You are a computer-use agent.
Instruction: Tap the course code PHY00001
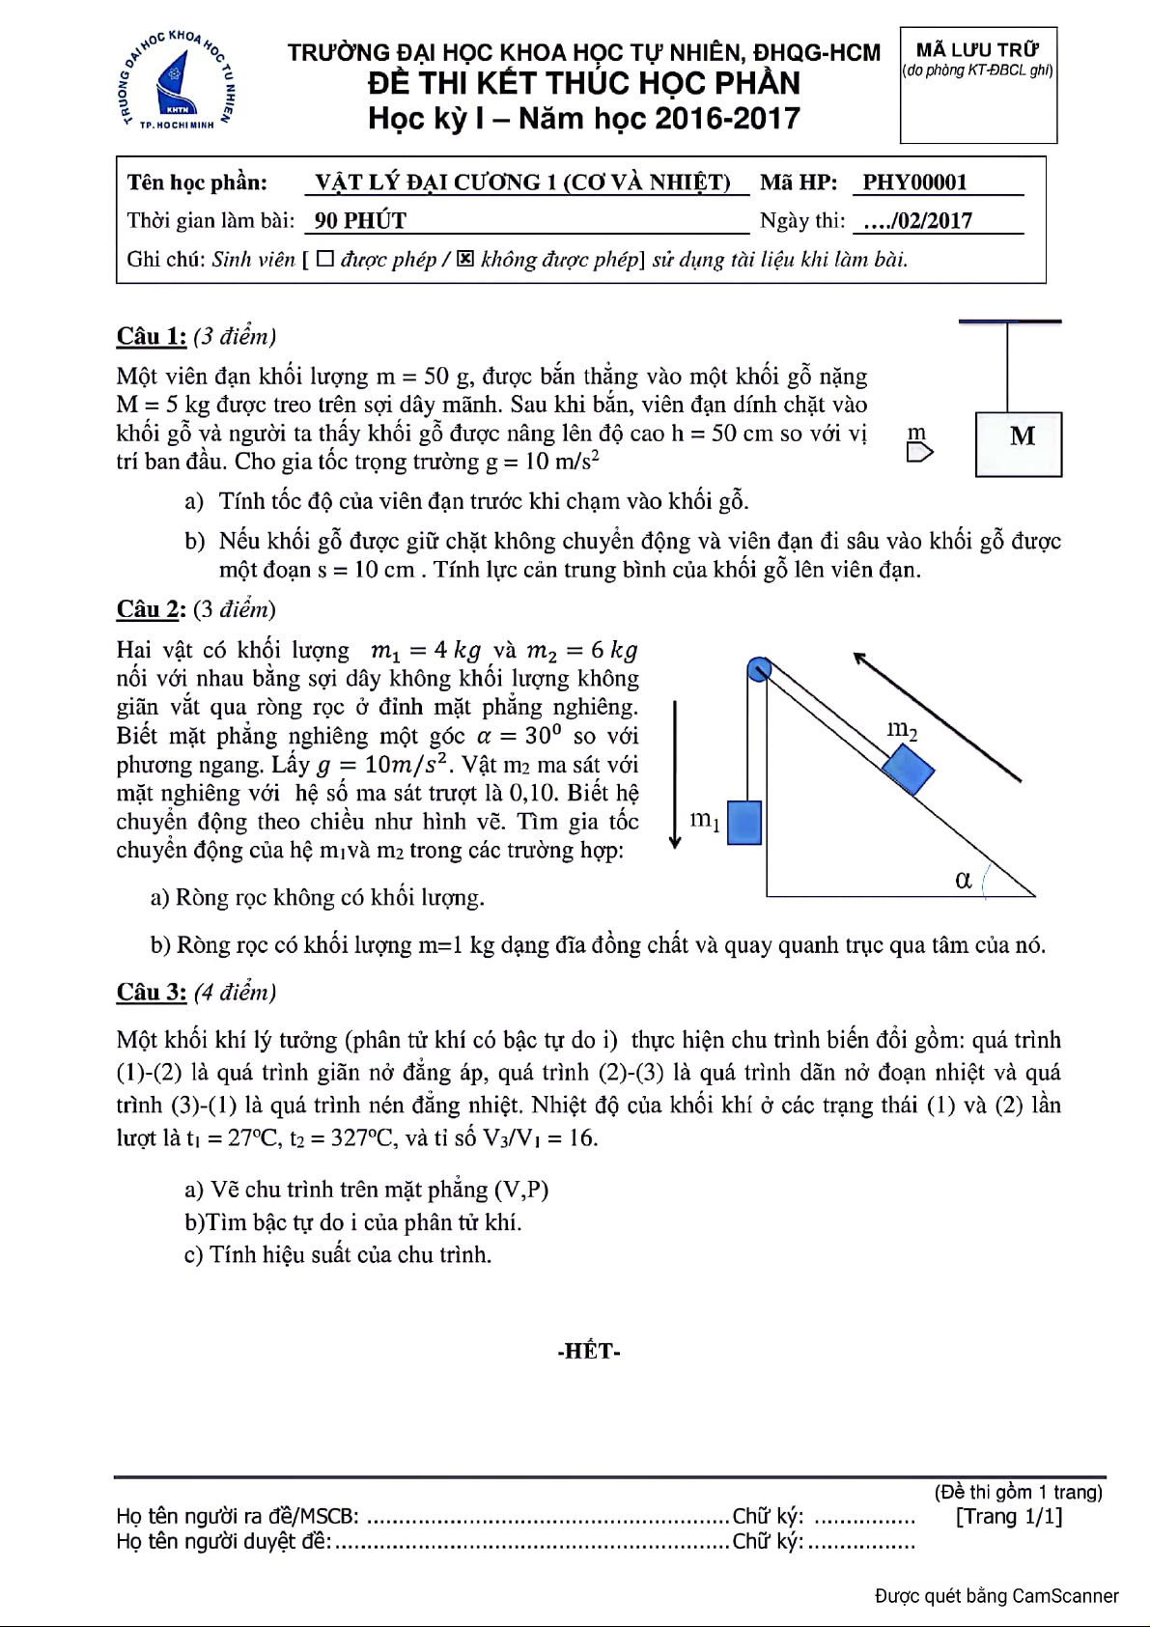click(913, 182)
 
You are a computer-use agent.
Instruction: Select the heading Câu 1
click(152, 336)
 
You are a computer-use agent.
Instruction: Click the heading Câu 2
click(152, 609)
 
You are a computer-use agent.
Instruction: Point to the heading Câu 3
click(152, 992)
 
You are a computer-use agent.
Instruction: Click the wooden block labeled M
click(1018, 444)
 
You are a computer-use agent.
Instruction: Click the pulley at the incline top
click(759, 668)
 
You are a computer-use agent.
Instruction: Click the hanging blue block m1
click(743, 823)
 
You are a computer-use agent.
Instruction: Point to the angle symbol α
click(963, 880)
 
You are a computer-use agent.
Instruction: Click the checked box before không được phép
click(465, 259)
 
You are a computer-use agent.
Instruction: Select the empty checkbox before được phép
click(325, 259)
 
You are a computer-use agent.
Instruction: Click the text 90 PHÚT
click(360, 221)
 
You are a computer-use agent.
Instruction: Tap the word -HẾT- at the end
click(588, 1351)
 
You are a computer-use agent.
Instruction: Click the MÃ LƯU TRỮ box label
click(977, 50)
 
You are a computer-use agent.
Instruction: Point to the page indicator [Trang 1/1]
click(1009, 1516)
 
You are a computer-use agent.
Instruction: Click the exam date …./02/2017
click(917, 221)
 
